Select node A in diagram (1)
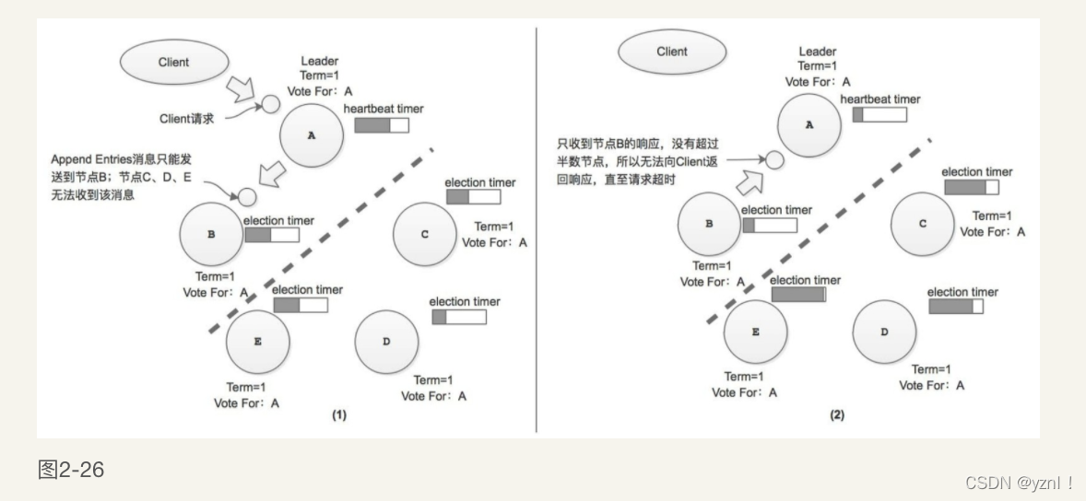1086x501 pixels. click(311, 135)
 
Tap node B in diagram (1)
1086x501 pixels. click(211, 235)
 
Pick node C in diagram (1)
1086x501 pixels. click(424, 234)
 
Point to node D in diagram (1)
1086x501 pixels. click(386, 342)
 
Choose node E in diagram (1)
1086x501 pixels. click(257, 342)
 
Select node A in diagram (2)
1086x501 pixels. click(809, 124)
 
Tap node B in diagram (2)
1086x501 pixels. click(709, 224)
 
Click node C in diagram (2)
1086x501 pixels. click(922, 224)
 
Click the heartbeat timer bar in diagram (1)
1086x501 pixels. click(382, 125)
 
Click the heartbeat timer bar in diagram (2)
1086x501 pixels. click(879, 115)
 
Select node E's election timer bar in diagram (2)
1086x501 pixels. click(798, 296)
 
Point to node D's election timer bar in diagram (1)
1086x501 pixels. click(459, 318)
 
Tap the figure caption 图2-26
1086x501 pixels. click(71, 471)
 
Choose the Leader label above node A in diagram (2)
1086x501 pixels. click(817, 52)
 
